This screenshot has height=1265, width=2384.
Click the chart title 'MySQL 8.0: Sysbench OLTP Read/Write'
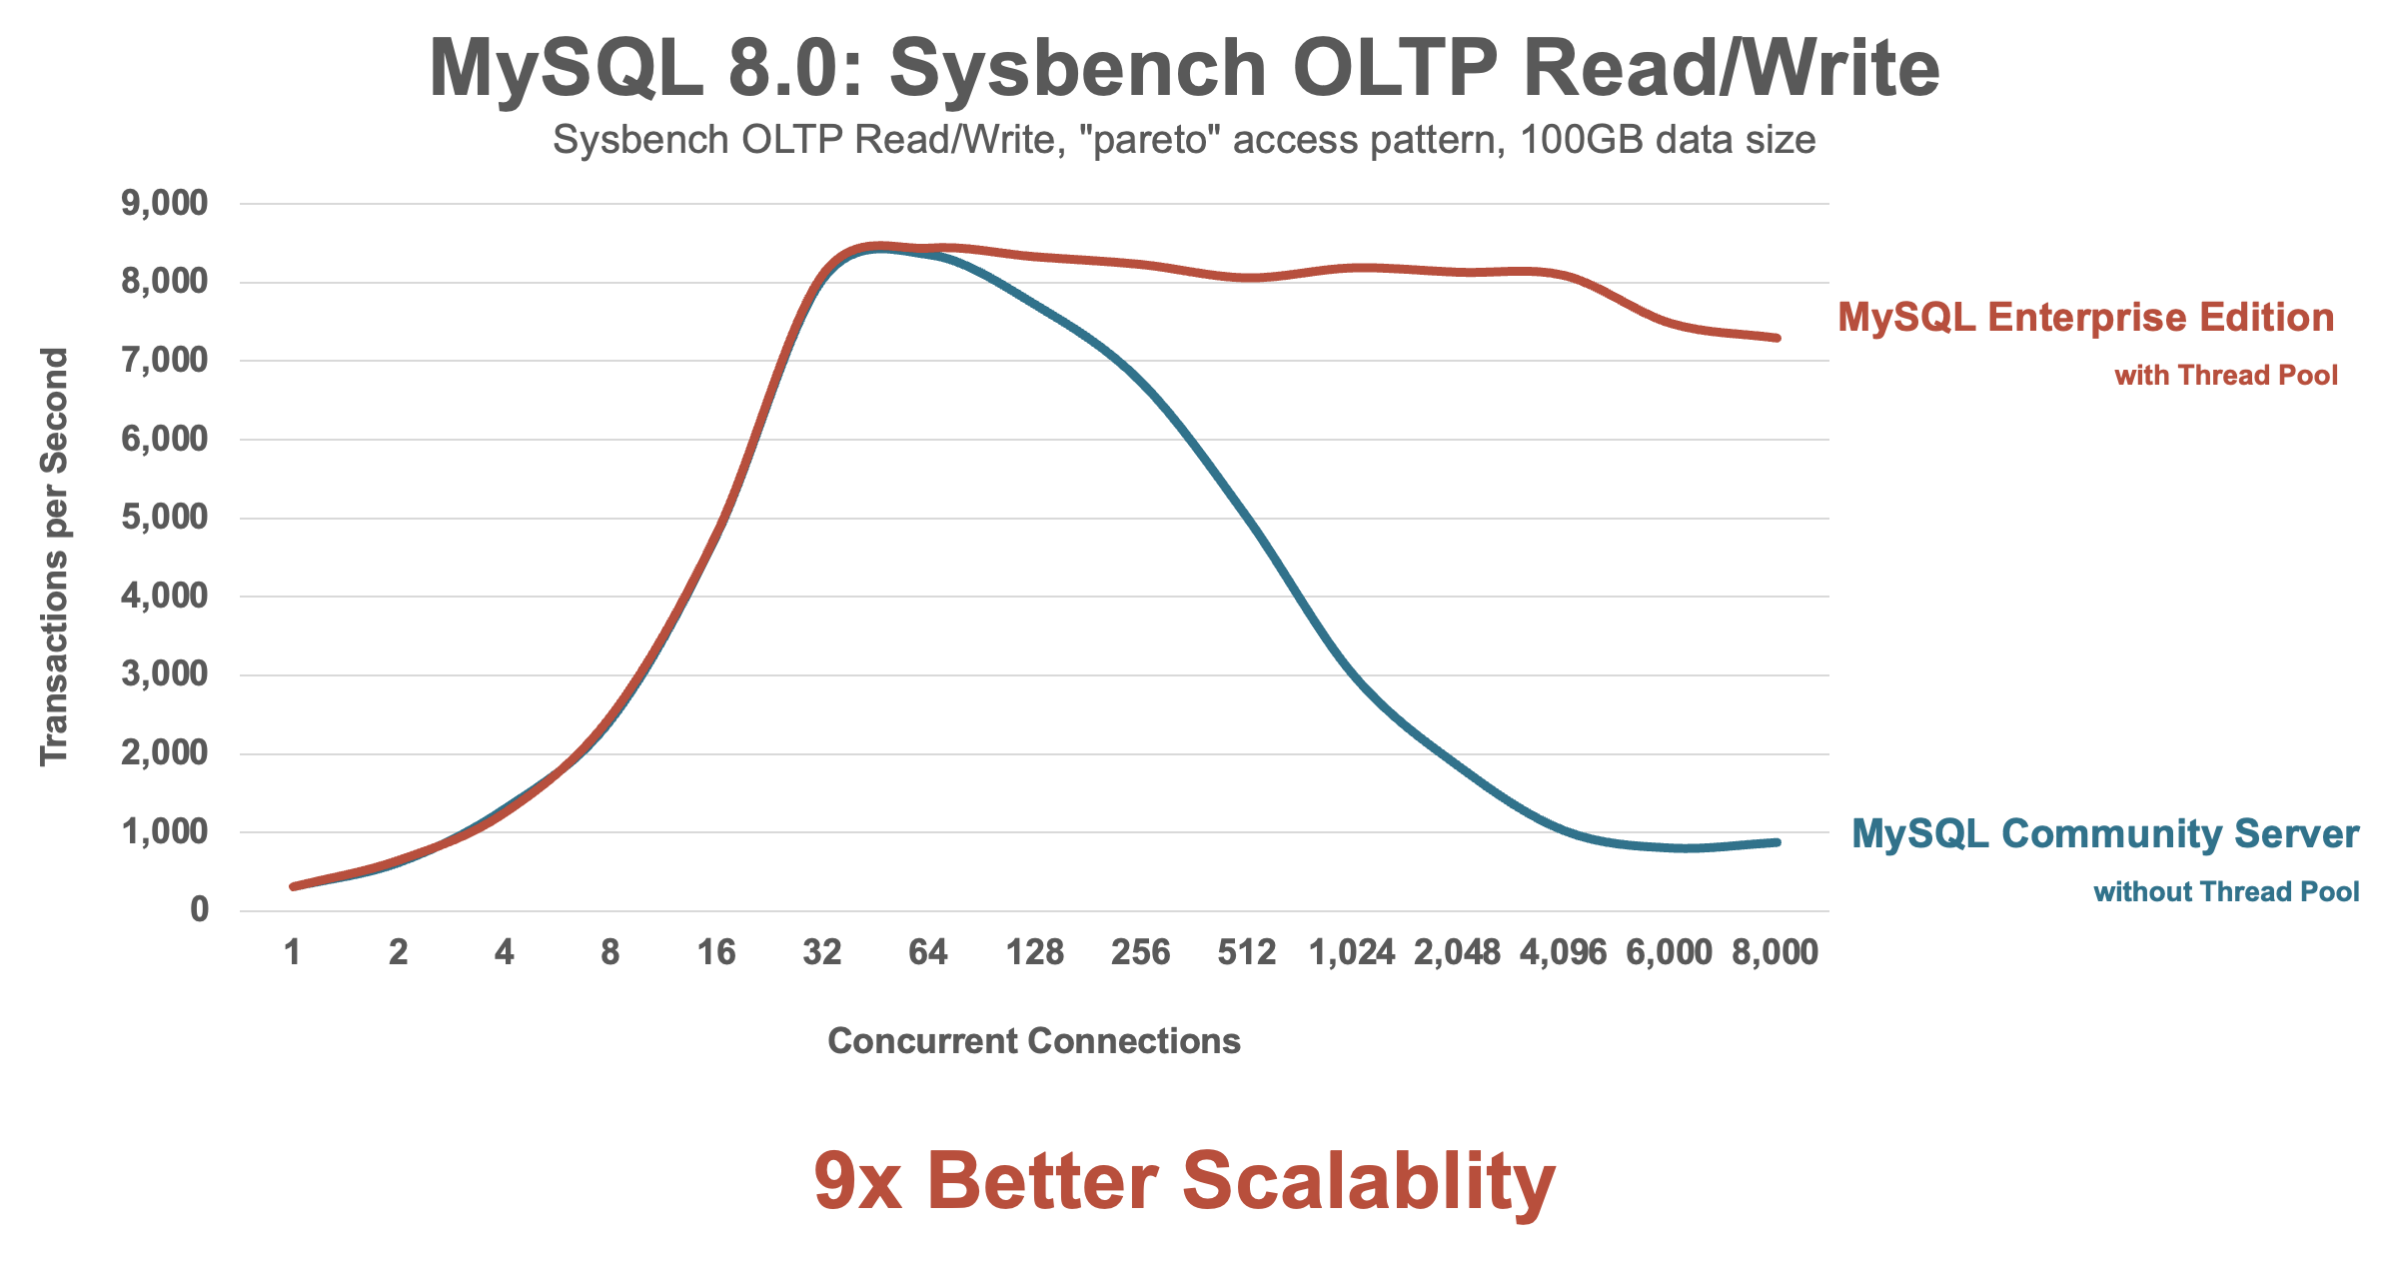pos(1184,68)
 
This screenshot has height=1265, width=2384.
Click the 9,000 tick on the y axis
pos(165,204)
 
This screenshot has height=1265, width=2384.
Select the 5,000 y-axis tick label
pos(165,518)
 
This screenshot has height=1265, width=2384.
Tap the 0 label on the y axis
pos(200,910)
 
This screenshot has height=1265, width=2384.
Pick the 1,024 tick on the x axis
pos(1352,953)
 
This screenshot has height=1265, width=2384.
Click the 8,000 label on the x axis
pos(1776,953)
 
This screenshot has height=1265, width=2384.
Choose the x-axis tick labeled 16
pos(716,953)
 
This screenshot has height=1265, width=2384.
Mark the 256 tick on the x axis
pos(1140,953)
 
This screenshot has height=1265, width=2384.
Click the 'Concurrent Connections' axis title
pos(1034,1041)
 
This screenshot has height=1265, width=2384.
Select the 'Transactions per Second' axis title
pos(54,557)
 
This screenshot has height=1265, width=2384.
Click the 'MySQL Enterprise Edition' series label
pos(2086,318)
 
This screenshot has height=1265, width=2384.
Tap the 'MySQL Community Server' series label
pos(2105,834)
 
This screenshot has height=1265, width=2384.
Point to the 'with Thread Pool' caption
pos(2226,376)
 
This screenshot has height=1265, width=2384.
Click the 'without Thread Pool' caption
pos(2226,891)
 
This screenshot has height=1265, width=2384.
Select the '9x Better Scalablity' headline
pos(1184,1181)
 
